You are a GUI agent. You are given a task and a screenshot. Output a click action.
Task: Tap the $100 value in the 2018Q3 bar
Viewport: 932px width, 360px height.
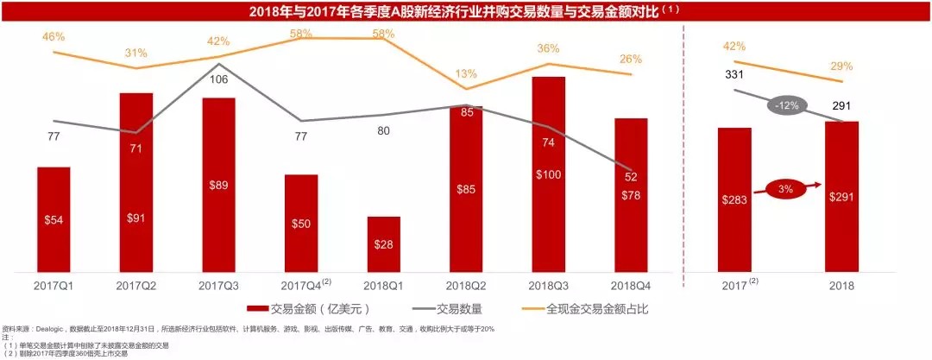549,175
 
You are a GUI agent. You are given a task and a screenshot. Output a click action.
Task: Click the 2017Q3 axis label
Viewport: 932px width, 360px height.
218,286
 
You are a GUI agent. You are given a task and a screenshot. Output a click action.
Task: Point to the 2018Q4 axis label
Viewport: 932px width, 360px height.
631,286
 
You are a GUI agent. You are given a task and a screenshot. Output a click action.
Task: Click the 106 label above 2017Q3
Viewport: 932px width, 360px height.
220,80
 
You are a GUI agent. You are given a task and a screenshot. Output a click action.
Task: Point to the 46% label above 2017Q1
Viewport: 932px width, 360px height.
53,37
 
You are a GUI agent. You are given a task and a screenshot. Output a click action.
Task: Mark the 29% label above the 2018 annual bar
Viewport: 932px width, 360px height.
841,66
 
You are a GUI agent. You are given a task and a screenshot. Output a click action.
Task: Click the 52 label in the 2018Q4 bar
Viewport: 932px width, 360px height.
631,177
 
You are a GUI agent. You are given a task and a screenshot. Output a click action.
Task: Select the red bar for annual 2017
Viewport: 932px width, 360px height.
734,199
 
